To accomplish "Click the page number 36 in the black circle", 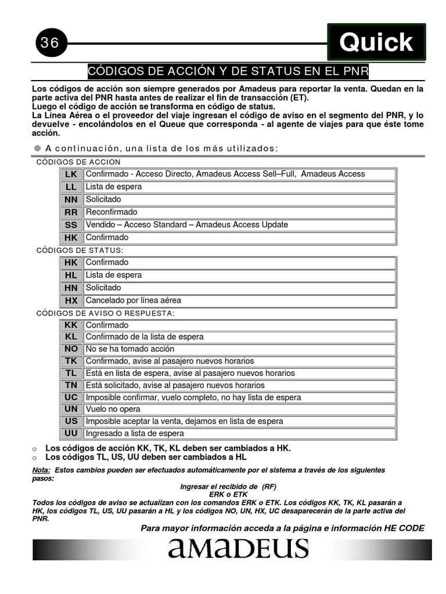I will (x=50, y=43).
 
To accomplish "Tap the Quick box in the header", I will (x=376, y=42).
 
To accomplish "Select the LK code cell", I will (x=71, y=174).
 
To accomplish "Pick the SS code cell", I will (x=71, y=225).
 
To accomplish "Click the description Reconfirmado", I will (x=111, y=212).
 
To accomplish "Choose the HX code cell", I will (x=71, y=300).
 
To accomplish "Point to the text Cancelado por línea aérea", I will (x=133, y=300).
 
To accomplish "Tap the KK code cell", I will (x=71, y=325).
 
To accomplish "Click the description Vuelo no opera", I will (x=113, y=409).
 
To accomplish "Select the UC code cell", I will (x=71, y=397).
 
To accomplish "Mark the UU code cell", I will (x=71, y=433).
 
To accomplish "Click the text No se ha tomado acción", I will (x=130, y=349).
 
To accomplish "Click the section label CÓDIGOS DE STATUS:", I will (x=80, y=250).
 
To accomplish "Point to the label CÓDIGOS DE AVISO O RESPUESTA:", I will (x=105, y=313).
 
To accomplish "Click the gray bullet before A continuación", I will (x=37, y=148).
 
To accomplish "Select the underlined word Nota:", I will (x=41, y=470).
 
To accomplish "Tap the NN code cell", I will (x=71, y=200).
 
